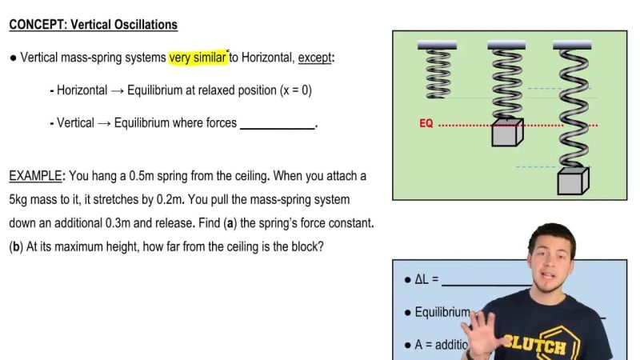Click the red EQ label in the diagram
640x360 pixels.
426,124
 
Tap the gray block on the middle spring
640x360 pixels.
506,133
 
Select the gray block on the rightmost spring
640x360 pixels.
572,182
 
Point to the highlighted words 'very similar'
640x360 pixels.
198,58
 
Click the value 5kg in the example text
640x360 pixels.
20,199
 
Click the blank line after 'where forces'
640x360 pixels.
278,124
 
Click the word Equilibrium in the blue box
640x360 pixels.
442,312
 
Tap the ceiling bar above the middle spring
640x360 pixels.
506,43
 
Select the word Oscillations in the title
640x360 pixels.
141,25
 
